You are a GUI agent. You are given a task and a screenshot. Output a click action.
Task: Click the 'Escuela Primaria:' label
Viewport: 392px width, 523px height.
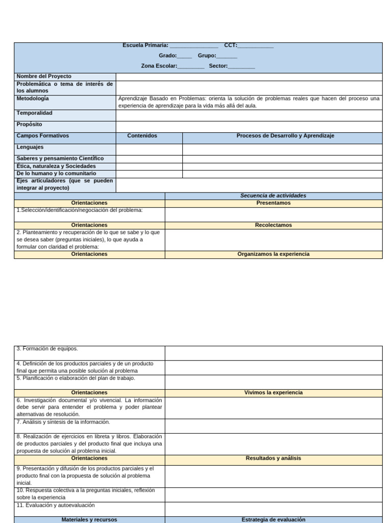(145, 45)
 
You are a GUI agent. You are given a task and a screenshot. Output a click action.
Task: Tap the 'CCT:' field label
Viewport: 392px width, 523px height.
(230, 45)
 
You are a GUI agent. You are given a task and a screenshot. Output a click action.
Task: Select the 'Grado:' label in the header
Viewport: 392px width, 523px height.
(167, 56)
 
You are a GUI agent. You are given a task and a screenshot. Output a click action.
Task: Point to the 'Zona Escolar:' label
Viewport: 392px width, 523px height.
(159, 66)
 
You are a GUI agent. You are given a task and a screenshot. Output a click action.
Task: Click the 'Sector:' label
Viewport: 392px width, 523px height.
(218, 66)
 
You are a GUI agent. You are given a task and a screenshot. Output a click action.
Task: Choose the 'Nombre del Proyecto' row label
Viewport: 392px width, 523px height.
(44, 76)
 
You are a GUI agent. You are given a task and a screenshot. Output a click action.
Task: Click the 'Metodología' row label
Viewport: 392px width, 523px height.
(33, 98)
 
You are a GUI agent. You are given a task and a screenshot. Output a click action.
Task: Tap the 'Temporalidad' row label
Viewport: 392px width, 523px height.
(34, 113)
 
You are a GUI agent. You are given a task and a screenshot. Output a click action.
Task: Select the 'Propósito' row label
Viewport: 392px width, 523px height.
(29, 124)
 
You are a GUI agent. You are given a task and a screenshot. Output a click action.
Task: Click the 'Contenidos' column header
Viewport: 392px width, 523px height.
(142, 136)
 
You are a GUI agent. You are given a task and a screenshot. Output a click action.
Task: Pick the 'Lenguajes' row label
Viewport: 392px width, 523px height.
(30, 147)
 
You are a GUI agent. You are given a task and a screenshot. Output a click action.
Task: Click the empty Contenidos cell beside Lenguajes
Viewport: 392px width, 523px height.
(149, 149)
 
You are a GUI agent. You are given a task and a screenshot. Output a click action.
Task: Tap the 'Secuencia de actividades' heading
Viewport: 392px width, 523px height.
(273, 196)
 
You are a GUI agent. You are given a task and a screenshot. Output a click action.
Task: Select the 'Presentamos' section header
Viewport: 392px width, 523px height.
(273, 203)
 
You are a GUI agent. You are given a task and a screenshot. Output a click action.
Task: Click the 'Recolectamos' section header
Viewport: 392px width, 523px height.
(273, 225)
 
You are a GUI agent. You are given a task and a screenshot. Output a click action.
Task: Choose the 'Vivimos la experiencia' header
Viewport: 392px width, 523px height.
(273, 393)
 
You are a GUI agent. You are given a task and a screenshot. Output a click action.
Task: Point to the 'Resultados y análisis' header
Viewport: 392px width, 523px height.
(273, 458)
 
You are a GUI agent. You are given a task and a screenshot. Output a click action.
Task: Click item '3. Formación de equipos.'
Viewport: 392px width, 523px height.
(47, 349)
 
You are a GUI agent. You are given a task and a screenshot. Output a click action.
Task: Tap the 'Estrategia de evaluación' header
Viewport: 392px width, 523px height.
(273, 519)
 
